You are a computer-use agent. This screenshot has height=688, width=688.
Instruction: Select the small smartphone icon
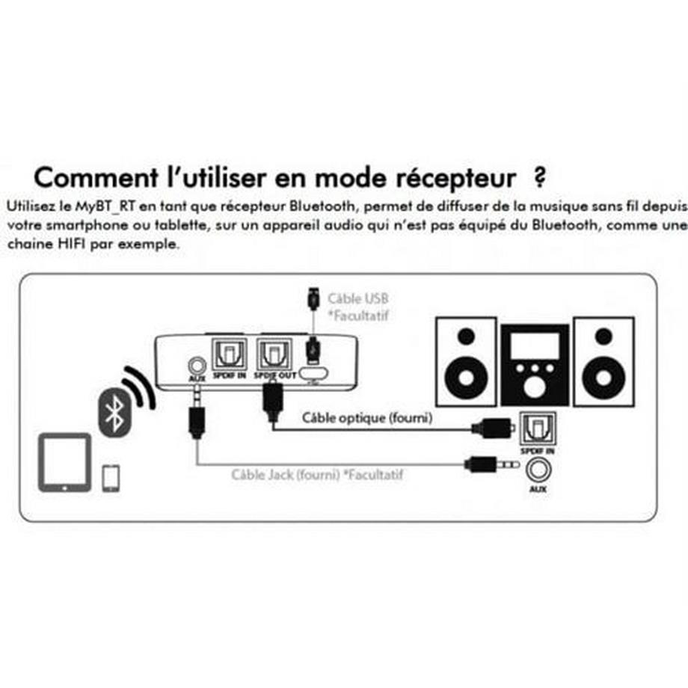pyautogui.click(x=111, y=478)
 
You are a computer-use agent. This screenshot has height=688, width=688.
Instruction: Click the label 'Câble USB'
pyautogui.click(x=358, y=298)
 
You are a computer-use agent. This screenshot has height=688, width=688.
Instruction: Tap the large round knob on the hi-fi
pyautogui.click(x=535, y=387)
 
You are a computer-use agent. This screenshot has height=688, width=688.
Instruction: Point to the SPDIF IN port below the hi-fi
pyautogui.click(x=537, y=428)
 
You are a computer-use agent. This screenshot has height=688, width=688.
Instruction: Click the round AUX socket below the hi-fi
pyautogui.click(x=537, y=469)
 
